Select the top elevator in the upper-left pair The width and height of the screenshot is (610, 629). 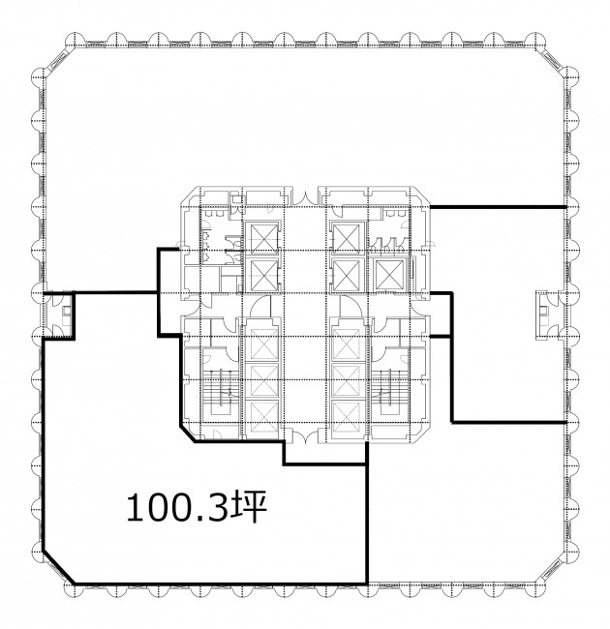click(x=263, y=238)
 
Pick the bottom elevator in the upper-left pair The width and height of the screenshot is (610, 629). click(x=263, y=275)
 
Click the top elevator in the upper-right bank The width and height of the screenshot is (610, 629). click(x=348, y=238)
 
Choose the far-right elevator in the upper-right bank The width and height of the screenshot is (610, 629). click(x=389, y=275)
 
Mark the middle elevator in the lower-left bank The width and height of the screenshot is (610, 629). click(x=263, y=379)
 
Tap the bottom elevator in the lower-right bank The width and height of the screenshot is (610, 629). click(x=347, y=418)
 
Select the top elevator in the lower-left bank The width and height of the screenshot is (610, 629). click(x=263, y=344)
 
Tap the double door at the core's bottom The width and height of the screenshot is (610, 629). click(x=305, y=436)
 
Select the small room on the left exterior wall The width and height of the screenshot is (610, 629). click(x=59, y=315)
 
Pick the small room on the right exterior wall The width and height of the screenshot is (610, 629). click(x=550, y=315)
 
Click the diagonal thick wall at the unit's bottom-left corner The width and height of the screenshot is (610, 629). click(x=59, y=567)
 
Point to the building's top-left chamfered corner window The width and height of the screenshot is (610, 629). click(x=59, y=61)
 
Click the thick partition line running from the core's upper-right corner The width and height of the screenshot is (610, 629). click(x=498, y=207)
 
